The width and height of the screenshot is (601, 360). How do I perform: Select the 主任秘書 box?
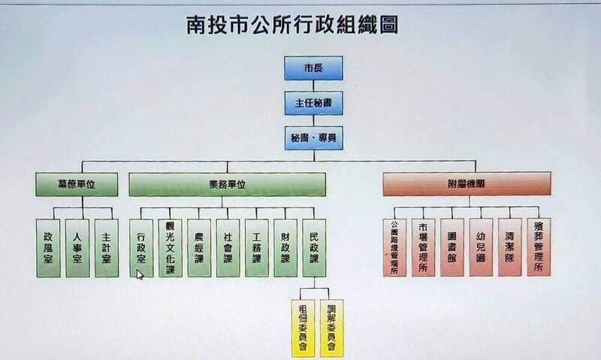point(313,104)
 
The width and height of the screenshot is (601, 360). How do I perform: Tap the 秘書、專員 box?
point(313,138)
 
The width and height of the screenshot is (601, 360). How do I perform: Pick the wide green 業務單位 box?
point(227,184)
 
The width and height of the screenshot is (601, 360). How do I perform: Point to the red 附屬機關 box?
point(466,184)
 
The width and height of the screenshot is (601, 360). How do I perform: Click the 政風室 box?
point(48,248)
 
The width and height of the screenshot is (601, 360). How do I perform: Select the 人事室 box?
point(77,248)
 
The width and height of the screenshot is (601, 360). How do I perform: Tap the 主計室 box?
point(107,248)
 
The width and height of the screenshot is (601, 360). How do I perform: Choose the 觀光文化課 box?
point(170,248)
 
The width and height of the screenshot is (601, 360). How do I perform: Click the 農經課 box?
point(199,248)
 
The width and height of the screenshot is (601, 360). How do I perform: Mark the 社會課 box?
point(228,248)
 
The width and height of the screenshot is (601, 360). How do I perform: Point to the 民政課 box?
point(314,248)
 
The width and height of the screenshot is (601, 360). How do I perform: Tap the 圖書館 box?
point(452,248)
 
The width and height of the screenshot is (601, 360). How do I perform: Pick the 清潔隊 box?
point(509,248)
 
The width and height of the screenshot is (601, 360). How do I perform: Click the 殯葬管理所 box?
point(538,248)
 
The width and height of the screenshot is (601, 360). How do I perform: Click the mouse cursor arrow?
point(140,274)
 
